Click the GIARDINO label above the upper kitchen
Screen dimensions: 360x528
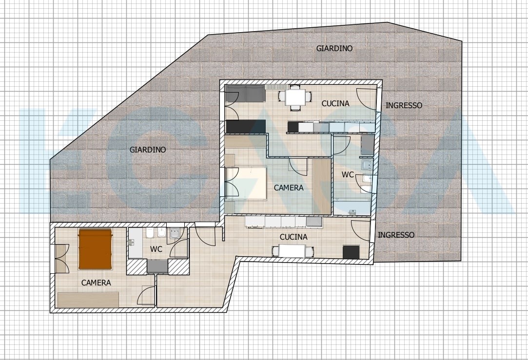(334, 49)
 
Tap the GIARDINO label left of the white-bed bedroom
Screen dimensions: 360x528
(147, 150)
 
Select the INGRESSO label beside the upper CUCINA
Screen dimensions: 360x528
(404, 106)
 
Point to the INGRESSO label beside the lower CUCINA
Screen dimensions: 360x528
(396, 235)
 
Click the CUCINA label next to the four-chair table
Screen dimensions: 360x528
(335, 104)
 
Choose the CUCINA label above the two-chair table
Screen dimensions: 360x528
(293, 237)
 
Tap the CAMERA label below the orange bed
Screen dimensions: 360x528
(96, 283)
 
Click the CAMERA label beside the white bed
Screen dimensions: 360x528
(289, 188)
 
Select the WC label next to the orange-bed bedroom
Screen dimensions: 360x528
(156, 249)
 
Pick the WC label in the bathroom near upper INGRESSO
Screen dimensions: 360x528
(348, 175)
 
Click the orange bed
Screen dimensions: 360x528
(96, 249)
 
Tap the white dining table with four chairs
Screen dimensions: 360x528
(294, 97)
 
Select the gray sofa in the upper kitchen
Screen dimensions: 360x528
(245, 94)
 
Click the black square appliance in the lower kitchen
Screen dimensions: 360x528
(351, 252)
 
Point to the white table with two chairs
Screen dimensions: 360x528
(293, 251)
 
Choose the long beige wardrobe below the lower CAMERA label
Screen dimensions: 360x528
(88, 300)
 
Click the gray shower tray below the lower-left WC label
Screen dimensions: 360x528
(157, 266)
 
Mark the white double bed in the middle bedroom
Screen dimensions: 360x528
(247, 183)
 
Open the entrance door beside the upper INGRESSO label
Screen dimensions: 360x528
(367, 99)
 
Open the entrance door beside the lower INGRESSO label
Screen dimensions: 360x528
(362, 230)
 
